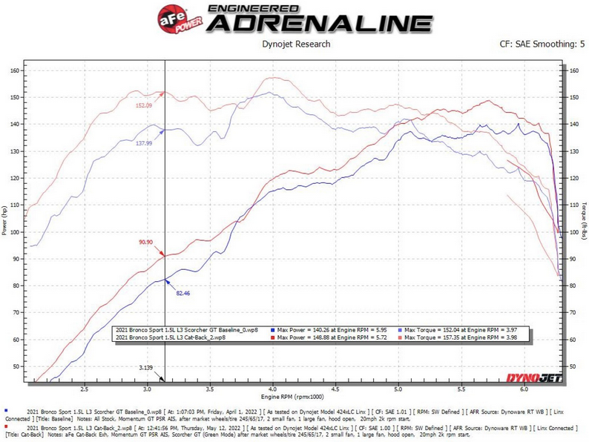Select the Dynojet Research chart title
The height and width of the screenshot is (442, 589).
coord(295,44)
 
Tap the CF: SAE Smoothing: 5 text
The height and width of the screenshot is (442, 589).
coord(542,44)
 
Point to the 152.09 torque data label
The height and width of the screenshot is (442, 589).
coord(145,105)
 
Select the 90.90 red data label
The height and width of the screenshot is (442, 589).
coord(147,242)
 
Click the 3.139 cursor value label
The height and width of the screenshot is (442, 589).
coord(149,368)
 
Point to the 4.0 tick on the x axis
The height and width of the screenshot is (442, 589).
coord(273,389)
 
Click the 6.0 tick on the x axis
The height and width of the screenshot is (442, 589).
coord(524,389)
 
